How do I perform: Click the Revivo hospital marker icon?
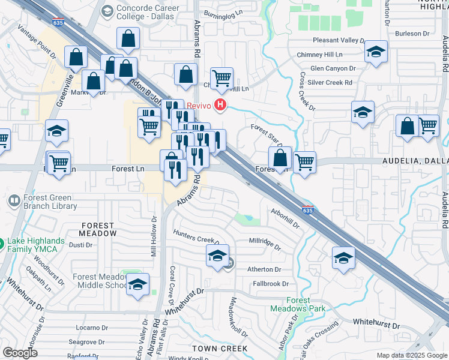pos(221,106)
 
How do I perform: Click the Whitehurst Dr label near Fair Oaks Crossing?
pos(376,324)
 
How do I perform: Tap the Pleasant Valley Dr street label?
pos(331,40)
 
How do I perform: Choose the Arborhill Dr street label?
pos(285,218)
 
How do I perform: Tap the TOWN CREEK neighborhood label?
pos(219,348)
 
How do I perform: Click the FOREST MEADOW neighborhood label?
pos(98,229)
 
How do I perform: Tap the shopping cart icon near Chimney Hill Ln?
pos(221,77)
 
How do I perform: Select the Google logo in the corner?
pos(20,352)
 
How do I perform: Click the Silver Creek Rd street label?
pos(331,82)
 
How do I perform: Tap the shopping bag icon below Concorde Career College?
pos(128,39)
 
